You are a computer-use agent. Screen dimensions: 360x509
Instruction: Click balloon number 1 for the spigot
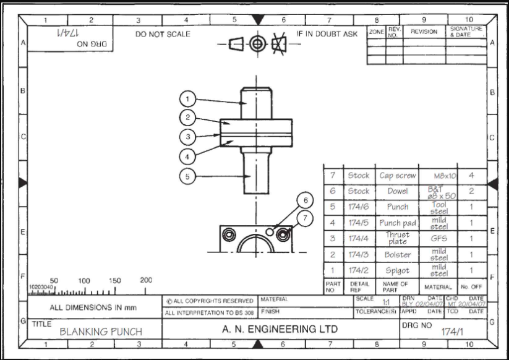click(x=189, y=98)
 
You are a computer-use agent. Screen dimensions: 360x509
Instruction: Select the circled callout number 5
click(x=189, y=176)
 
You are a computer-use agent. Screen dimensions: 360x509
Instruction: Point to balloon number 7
click(x=304, y=217)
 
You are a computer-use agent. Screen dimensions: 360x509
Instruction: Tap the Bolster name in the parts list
click(x=398, y=254)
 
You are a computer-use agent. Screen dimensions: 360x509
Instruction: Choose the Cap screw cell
click(x=398, y=176)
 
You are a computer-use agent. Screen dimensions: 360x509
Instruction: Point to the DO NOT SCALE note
click(x=163, y=34)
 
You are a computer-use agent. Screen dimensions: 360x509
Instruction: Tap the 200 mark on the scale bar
click(x=146, y=280)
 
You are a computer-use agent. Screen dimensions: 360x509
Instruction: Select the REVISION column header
click(x=424, y=31)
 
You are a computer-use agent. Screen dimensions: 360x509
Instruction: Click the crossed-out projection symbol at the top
click(x=280, y=45)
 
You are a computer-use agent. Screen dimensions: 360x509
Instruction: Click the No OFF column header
click(x=471, y=286)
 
